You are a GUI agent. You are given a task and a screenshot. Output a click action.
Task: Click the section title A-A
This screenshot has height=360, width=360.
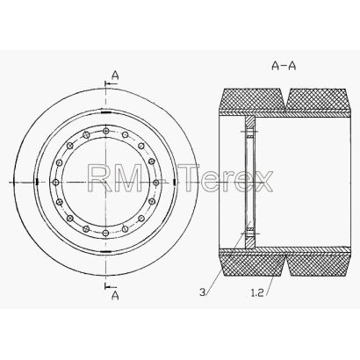(284, 66)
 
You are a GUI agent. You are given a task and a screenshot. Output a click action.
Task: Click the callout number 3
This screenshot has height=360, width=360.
(203, 292)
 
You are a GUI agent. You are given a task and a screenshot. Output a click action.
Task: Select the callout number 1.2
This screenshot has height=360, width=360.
(257, 292)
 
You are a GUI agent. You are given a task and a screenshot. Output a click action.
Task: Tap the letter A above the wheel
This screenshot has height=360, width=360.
(115, 76)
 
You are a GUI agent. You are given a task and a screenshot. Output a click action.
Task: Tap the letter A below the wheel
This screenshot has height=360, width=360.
(115, 296)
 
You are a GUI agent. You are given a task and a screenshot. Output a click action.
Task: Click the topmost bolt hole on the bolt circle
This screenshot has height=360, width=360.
(106, 131)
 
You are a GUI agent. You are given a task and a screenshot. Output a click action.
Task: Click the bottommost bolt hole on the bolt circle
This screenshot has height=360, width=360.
(106, 234)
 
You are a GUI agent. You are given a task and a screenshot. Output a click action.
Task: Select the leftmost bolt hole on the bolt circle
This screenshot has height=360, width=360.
(55, 183)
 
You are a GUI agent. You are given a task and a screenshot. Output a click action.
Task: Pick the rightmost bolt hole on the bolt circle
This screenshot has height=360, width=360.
(156, 183)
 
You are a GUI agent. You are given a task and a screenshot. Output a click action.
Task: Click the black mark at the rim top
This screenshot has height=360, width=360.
(105, 112)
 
